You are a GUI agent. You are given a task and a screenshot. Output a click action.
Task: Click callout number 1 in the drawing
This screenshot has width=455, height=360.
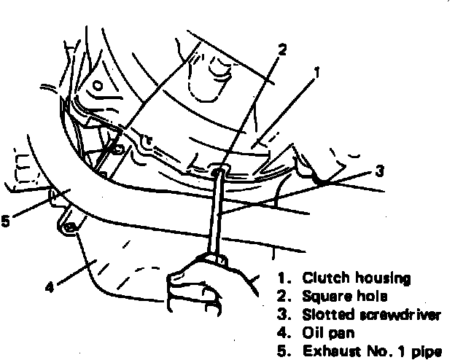(x=316, y=72)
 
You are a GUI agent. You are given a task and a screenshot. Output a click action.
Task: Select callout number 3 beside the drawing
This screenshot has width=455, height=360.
(x=378, y=173)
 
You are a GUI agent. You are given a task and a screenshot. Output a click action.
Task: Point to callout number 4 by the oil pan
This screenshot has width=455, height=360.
(x=50, y=286)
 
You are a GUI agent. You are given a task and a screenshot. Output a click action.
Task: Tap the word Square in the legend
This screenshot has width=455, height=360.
(x=324, y=297)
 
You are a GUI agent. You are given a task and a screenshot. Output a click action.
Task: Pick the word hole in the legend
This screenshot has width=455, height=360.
(x=371, y=297)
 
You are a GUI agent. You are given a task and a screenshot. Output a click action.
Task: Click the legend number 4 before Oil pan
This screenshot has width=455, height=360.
(x=281, y=333)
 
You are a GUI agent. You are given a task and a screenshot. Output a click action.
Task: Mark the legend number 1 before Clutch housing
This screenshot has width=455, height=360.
(x=282, y=278)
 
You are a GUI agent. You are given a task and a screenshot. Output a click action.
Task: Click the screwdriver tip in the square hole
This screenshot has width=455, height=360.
(x=219, y=171)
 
